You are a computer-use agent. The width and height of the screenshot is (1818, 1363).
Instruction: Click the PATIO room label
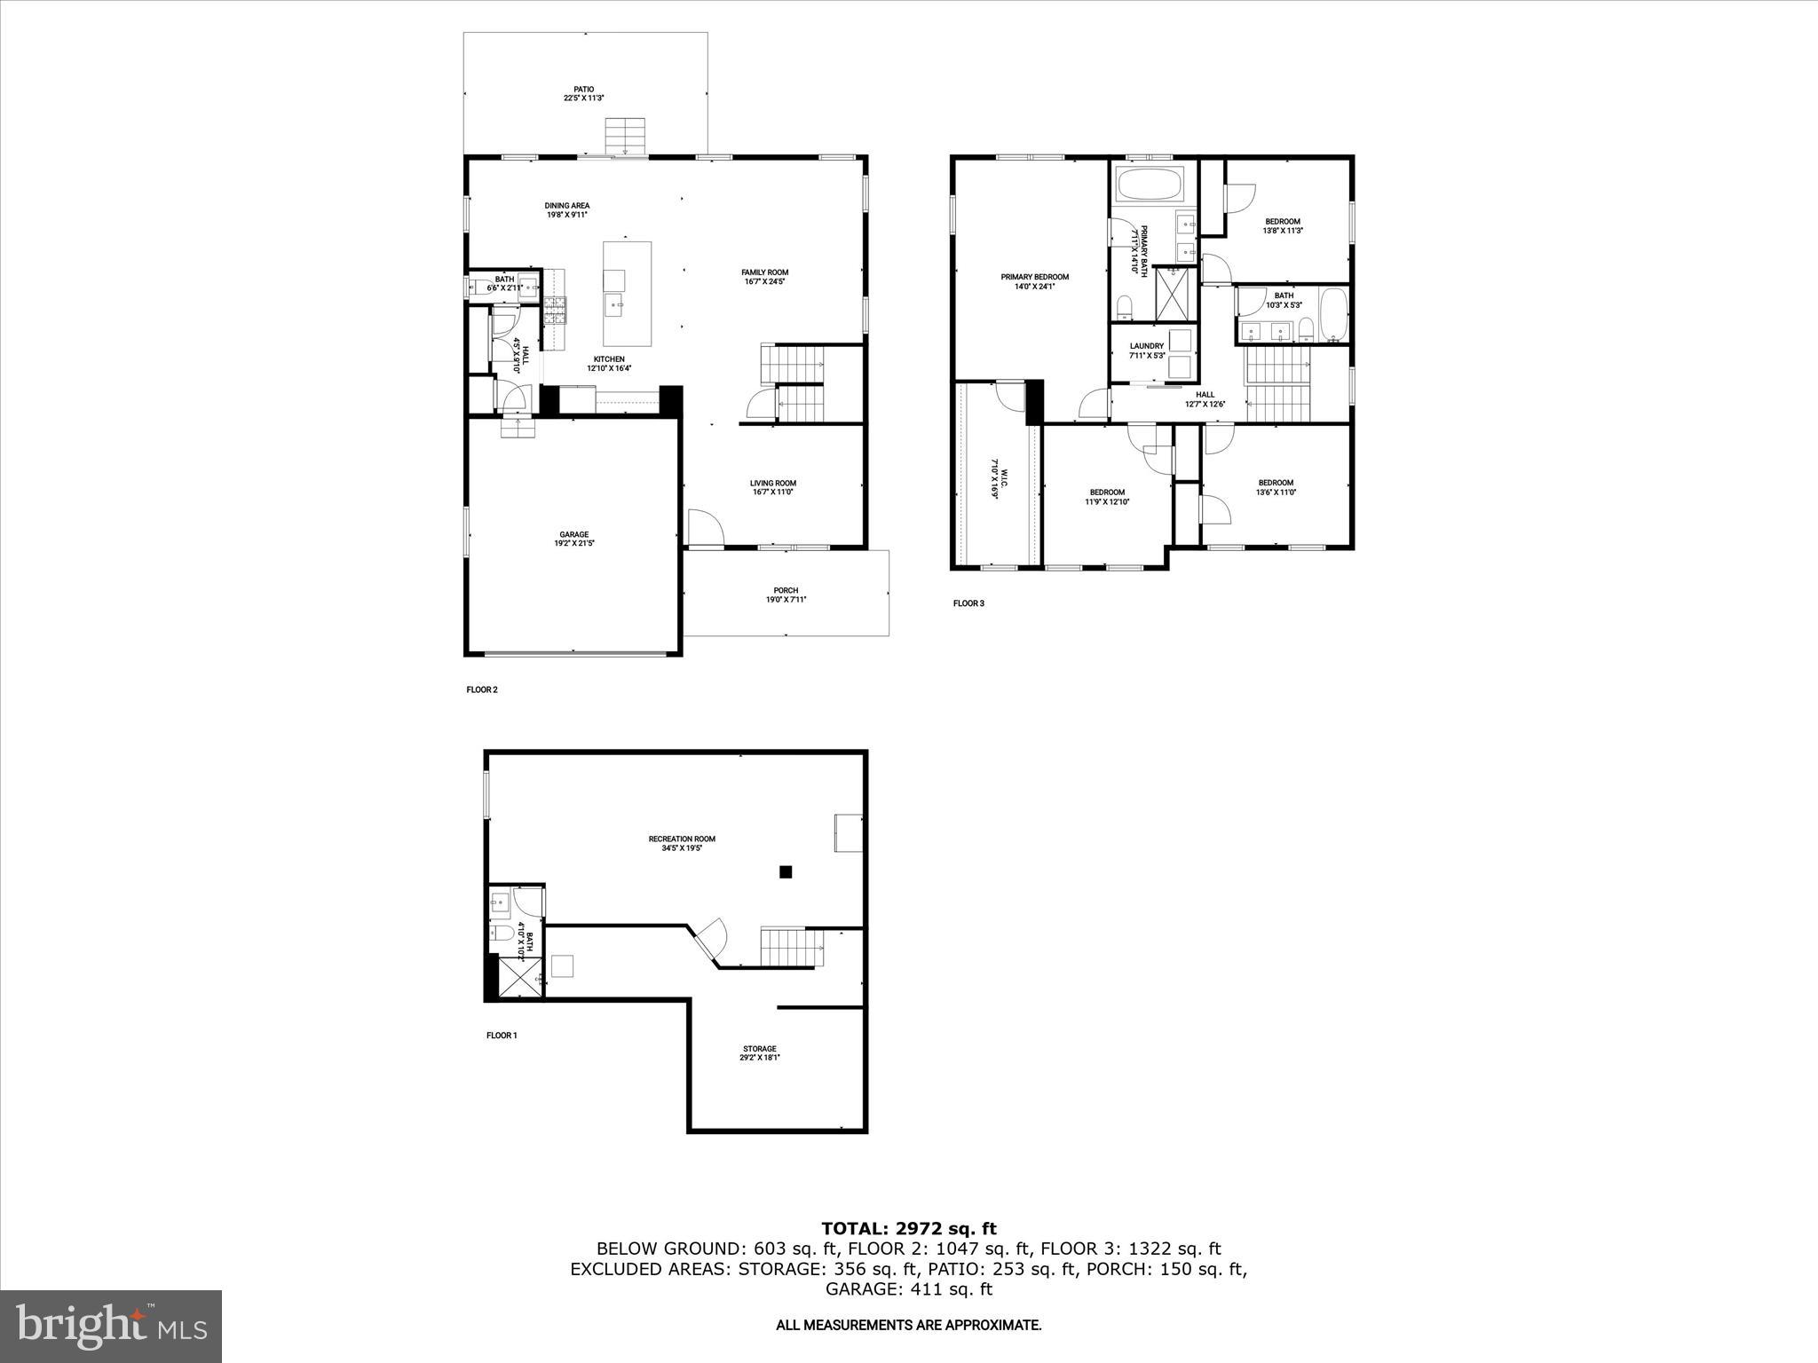pyautogui.click(x=583, y=93)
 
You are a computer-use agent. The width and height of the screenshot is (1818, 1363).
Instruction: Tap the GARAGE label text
pyautogui.click(x=573, y=539)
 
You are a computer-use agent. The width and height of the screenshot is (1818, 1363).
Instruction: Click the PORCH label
pyautogui.click(x=786, y=595)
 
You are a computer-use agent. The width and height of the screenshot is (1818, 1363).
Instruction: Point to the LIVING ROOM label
pyautogui.click(x=772, y=487)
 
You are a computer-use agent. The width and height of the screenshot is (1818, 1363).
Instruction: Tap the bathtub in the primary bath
pyautogui.click(x=1149, y=185)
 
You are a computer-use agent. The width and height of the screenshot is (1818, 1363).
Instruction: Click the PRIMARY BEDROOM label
pyautogui.click(x=1034, y=281)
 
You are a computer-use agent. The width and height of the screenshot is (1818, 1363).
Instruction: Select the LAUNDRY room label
pyautogui.click(x=1146, y=351)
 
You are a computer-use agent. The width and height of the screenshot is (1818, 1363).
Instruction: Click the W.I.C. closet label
pyautogui.click(x=994, y=479)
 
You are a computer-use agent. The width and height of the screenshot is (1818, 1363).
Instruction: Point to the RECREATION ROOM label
pyautogui.click(x=681, y=843)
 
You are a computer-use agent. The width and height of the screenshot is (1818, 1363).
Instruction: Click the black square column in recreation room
pyautogui.click(x=785, y=872)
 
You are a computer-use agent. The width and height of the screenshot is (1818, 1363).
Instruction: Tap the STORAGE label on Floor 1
pyautogui.click(x=759, y=1052)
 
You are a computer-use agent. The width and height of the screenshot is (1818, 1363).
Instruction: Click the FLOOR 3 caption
pyautogui.click(x=968, y=603)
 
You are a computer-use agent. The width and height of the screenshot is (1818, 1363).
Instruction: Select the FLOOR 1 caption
pyautogui.click(x=502, y=1035)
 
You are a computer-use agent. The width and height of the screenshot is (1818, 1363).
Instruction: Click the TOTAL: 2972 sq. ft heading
pyautogui.click(x=908, y=1229)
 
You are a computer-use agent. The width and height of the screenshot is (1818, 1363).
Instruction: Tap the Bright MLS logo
pyautogui.click(x=111, y=1327)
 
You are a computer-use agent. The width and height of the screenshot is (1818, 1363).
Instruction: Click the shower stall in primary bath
pyautogui.click(x=1176, y=294)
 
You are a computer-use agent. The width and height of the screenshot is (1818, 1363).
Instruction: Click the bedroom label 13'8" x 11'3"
pyautogui.click(x=1282, y=225)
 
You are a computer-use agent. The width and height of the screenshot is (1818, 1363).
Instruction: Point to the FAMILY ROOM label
pyautogui.click(x=764, y=277)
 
